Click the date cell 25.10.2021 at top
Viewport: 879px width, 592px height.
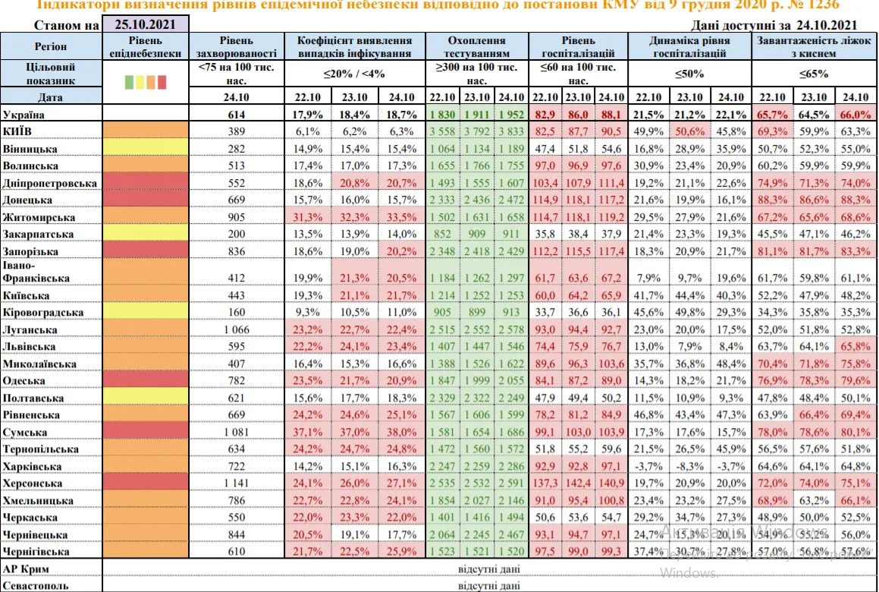tap(144, 24)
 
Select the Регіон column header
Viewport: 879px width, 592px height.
tap(51, 46)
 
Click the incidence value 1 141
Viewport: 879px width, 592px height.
tap(236, 483)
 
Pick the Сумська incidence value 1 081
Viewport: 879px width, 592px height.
tap(236, 432)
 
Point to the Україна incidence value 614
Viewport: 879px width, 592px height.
tap(236, 114)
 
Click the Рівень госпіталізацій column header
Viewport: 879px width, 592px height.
tap(579, 46)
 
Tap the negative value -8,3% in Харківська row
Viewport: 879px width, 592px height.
tap(689, 466)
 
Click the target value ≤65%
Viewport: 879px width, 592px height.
tap(813, 74)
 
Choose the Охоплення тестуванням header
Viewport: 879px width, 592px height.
tap(476, 46)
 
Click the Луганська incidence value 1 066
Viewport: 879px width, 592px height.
tap(236, 329)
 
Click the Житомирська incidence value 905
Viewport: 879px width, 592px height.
tap(236, 217)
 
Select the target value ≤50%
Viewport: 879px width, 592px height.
tap(689, 74)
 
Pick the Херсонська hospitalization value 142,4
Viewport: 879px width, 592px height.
tap(579, 483)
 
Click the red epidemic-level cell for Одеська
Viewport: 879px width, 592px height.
tap(144, 380)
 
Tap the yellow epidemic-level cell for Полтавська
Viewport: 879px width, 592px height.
tap(144, 398)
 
